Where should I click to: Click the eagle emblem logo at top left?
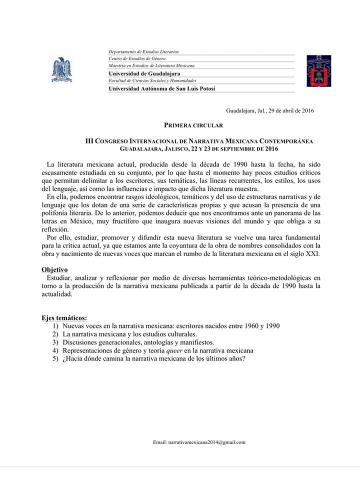tap(62, 70)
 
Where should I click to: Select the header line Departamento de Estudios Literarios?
tap(143, 51)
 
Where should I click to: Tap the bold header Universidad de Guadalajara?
tap(144, 73)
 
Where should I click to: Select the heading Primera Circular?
tap(193, 125)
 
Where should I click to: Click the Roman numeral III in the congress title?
tap(90, 141)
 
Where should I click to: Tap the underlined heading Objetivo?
tap(54, 269)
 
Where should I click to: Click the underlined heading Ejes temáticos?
tap(64, 317)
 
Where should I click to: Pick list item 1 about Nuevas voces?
tap(170, 326)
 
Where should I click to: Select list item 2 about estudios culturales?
tap(129, 334)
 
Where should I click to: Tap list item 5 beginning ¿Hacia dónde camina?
tap(153, 359)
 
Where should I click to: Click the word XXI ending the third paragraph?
tap(313, 253)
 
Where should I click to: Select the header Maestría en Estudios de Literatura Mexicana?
tap(151, 65)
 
